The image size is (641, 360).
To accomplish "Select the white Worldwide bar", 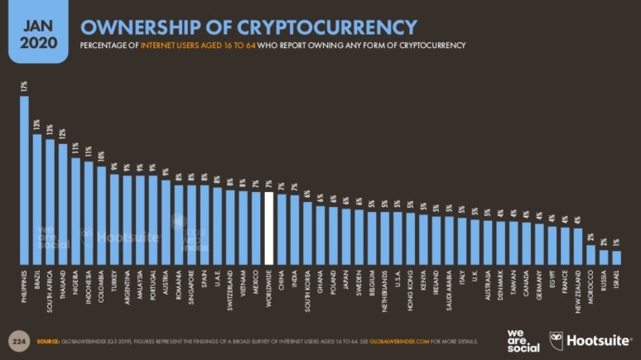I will tap(268, 228).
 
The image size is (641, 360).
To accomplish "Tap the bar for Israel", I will tap(615, 257).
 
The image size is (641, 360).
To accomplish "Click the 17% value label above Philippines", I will tap(24, 86).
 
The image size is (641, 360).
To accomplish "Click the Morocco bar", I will tap(590, 254).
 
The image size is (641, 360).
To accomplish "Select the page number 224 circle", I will tap(17, 339).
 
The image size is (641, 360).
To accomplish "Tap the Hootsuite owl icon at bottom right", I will tap(557, 339).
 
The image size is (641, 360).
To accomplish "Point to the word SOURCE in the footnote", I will tap(47, 339).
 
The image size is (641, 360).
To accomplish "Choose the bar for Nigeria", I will tap(76, 211).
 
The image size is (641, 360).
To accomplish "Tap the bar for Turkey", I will tap(115, 219).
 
